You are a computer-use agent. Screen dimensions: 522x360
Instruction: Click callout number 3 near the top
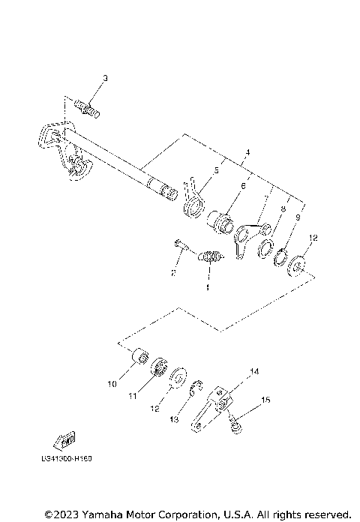105,79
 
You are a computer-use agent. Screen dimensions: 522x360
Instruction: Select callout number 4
247,154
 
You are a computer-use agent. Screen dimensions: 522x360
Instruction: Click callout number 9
297,217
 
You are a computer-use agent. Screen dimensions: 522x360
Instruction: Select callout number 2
172,274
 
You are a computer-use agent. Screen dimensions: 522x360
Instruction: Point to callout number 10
111,384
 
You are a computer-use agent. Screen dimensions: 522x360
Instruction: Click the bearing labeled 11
159,368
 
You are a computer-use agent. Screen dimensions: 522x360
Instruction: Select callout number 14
254,371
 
